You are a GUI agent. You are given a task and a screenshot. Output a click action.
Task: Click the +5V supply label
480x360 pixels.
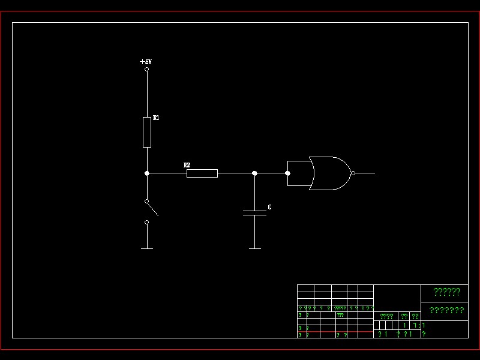point(145,61)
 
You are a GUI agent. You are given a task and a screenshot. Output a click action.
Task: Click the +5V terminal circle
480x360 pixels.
point(146,69)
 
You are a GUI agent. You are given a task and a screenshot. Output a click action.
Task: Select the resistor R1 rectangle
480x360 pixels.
point(146,132)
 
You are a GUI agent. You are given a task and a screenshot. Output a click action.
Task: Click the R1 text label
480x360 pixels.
point(156,118)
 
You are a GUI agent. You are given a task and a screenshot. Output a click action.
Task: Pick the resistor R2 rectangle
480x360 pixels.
point(202,173)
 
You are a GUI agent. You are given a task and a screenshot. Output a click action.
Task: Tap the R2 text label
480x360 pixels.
point(187,165)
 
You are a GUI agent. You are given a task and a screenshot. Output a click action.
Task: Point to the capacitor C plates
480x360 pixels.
point(254,212)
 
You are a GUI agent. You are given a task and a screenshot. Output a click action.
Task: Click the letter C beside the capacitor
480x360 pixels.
point(269,207)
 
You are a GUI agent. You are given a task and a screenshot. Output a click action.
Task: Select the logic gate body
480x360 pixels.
point(327,173)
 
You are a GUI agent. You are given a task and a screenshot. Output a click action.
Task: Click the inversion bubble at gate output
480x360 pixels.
point(353,173)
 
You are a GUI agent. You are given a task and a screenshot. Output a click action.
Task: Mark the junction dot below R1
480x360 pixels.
point(146,173)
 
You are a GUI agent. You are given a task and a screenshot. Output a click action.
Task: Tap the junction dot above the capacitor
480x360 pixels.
point(254,173)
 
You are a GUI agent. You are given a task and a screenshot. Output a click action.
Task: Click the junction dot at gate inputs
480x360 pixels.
point(287,173)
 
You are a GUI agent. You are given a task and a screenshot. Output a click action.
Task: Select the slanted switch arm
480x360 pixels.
point(152,208)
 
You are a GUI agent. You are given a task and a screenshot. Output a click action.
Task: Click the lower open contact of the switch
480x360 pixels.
point(146,222)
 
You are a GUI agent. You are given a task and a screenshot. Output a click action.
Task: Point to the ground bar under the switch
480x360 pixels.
point(146,248)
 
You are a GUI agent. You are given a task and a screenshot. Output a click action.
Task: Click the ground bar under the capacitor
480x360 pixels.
point(254,248)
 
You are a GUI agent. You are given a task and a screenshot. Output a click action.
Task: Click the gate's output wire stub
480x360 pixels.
point(365,173)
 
